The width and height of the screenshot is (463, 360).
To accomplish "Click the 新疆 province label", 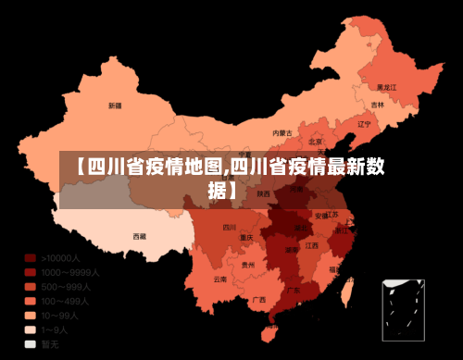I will coord(115,105).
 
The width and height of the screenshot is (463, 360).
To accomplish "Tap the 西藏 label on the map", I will coord(140,236).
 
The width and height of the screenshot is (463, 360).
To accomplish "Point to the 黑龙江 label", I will coord(386,87).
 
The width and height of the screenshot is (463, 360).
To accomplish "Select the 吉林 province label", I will coord(378,105).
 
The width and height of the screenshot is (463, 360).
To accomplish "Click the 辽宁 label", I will coord(364,123).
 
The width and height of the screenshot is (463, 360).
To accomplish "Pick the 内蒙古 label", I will coord(282,133).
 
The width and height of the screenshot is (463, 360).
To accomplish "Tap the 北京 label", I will coord(316,141).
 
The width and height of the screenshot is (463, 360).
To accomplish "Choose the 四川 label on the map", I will coord(230,227).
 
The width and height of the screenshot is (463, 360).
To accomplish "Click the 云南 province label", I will coord(219,279).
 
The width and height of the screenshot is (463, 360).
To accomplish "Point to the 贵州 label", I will coord(248,265).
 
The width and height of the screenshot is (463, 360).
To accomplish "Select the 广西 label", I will coord(258,299).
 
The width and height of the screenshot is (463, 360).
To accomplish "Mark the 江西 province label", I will coord(312,246).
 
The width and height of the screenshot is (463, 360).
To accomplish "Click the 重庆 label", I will coord(246,238).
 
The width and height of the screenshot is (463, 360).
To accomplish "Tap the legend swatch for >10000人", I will coord(31,258).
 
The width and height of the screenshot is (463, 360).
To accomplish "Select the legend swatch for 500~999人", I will coord(31,287).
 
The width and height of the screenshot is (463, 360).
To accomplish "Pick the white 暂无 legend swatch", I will coord(31,344).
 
